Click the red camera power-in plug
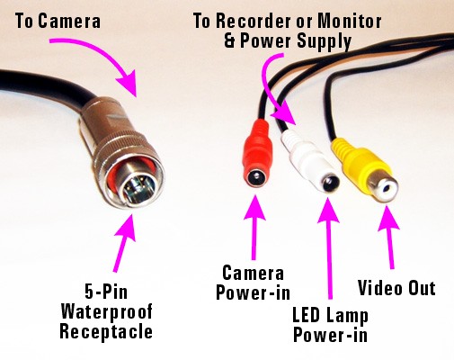click(257, 153)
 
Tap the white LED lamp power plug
click(310, 162)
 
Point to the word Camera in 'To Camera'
click(69, 22)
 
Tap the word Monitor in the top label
click(350, 21)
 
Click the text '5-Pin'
click(106, 292)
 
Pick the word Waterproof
click(107, 312)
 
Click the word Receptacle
click(106, 332)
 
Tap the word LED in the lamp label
click(305, 316)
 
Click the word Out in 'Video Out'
click(422, 288)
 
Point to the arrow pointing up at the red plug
click(254, 227)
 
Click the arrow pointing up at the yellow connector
click(389, 237)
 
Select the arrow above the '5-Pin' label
click(125, 243)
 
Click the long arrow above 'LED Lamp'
click(329, 248)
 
